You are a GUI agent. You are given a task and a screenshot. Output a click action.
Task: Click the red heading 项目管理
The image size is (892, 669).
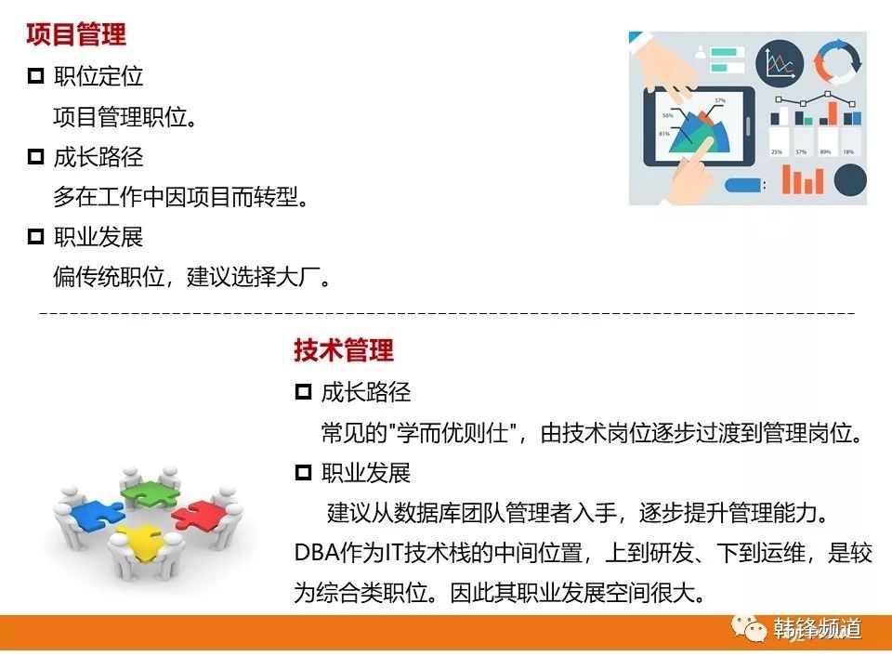(75, 34)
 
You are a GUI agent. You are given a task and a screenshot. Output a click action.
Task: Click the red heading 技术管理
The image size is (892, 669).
(344, 349)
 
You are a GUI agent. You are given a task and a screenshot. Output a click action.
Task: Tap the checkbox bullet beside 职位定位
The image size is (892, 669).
(35, 75)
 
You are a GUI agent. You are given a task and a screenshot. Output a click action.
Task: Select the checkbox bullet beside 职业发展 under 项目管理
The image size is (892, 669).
(35, 236)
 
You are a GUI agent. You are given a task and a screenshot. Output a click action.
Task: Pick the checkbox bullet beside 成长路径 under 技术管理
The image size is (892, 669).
(303, 391)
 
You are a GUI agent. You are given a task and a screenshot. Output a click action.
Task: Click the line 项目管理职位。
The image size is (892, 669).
(125, 117)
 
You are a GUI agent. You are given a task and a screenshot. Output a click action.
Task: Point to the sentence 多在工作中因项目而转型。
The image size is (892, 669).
(181, 197)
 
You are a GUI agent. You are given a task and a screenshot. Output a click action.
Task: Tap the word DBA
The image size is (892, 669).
(316, 553)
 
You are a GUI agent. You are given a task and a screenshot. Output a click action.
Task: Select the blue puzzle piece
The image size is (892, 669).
(97, 516)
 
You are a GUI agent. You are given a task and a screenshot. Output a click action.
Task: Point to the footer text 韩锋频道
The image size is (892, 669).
(817, 629)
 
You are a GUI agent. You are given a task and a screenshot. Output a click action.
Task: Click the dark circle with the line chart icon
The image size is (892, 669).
(780, 63)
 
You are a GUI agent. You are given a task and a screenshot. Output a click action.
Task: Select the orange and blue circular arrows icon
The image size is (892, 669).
(837, 62)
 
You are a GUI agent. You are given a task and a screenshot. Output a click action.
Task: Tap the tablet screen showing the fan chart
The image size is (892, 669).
(699, 125)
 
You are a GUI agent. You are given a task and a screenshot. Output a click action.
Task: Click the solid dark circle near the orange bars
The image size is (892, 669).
(850, 179)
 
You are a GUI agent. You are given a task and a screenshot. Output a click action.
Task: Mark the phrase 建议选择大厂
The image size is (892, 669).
(253, 277)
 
